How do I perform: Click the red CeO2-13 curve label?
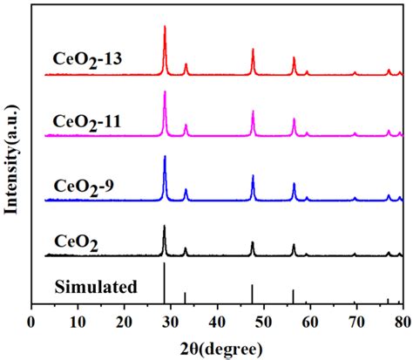tap(87, 60)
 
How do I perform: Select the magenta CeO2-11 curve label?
tap(86, 122)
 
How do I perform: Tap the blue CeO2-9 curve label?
tap(84, 187)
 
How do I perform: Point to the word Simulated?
tap(96, 287)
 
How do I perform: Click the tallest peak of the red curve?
tap(165, 26)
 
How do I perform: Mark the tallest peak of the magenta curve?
tap(165, 92)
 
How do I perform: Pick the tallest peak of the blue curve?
tap(165, 156)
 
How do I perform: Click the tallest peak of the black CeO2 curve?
tap(165, 226)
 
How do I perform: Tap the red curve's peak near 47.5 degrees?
tap(253, 49)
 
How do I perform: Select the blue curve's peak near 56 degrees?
tap(294, 183)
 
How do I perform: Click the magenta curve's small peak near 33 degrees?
tap(186, 125)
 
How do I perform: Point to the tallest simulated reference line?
tap(164, 283)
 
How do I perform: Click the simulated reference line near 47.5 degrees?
tap(252, 294)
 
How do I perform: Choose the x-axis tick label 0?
tap(30, 322)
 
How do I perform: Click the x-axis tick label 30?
tap(171, 322)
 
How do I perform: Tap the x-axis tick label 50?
tap(264, 322)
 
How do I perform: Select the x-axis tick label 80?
tap(403, 322)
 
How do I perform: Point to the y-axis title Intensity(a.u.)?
tap(11, 160)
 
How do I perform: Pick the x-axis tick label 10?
tap(78, 322)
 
